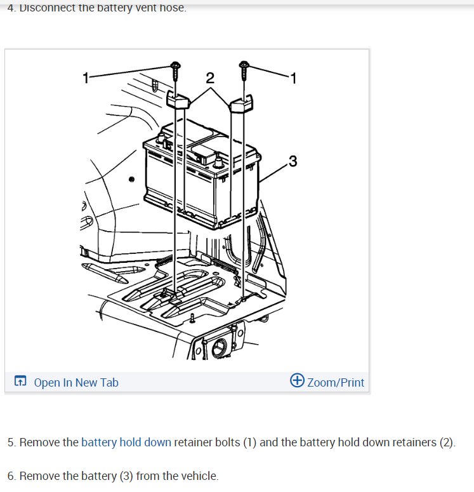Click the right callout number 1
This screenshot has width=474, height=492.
292,79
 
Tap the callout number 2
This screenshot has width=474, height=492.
210,78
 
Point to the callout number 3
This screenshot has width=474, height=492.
292,160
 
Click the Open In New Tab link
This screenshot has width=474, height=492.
76,382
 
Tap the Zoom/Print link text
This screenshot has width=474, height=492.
336,382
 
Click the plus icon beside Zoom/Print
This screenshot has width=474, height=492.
296,381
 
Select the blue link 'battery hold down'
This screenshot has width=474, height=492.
126,442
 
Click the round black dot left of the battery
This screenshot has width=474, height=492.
131,179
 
